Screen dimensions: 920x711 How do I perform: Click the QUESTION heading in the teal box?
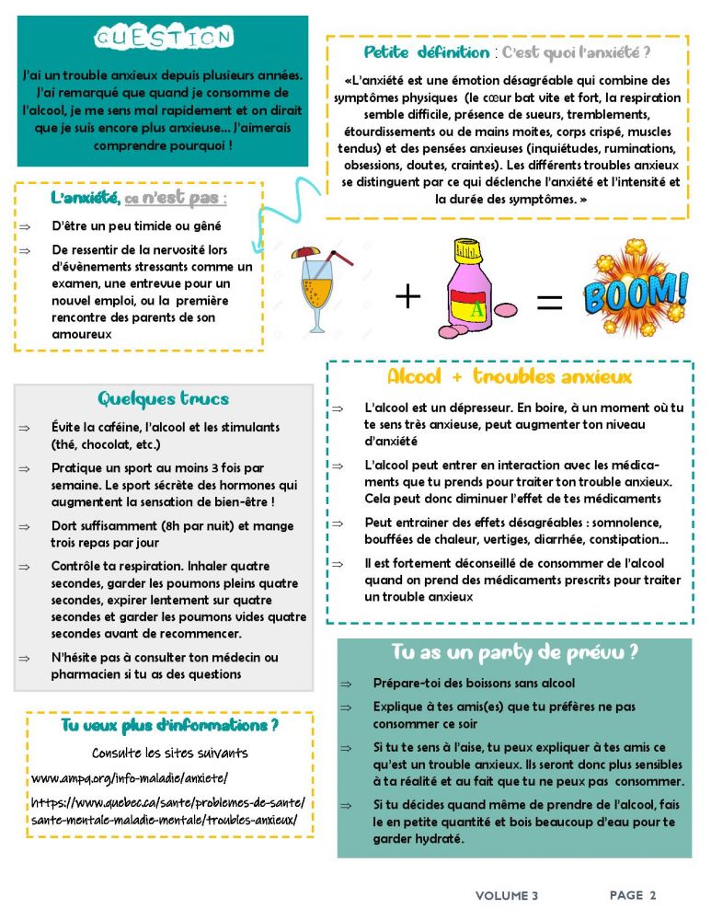tap(164, 38)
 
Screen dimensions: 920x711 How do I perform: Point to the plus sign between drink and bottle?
tap(407, 296)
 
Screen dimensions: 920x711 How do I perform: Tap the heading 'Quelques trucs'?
tap(163, 399)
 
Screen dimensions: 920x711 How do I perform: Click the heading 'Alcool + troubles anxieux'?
tap(510, 377)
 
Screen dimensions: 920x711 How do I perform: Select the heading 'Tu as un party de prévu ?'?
tap(515, 652)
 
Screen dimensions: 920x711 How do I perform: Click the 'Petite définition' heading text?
tap(427, 52)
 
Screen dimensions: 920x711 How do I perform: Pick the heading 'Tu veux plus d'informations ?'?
tap(170, 726)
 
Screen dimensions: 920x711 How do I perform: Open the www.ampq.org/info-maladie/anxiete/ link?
tap(130, 778)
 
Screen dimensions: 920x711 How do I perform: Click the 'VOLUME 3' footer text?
tap(507, 895)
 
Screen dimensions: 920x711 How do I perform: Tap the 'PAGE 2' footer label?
tap(633, 895)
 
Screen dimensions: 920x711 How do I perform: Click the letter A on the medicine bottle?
tap(476, 309)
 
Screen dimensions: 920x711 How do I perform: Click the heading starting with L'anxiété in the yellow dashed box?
tap(139, 197)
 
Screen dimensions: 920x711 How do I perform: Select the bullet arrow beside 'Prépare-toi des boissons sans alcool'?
tap(346, 684)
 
